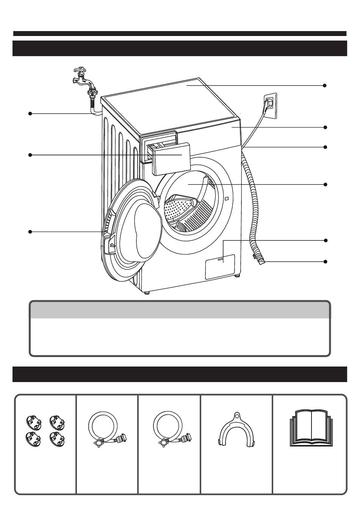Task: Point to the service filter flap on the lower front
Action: click(220, 266)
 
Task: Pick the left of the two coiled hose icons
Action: click(106, 429)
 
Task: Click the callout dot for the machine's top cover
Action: click(325, 86)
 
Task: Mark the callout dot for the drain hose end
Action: click(325, 262)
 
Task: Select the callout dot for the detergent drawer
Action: click(30, 155)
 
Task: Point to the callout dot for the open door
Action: click(30, 232)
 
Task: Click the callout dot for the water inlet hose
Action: click(30, 113)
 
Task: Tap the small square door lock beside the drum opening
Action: click(226, 199)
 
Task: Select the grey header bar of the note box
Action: click(180, 310)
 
